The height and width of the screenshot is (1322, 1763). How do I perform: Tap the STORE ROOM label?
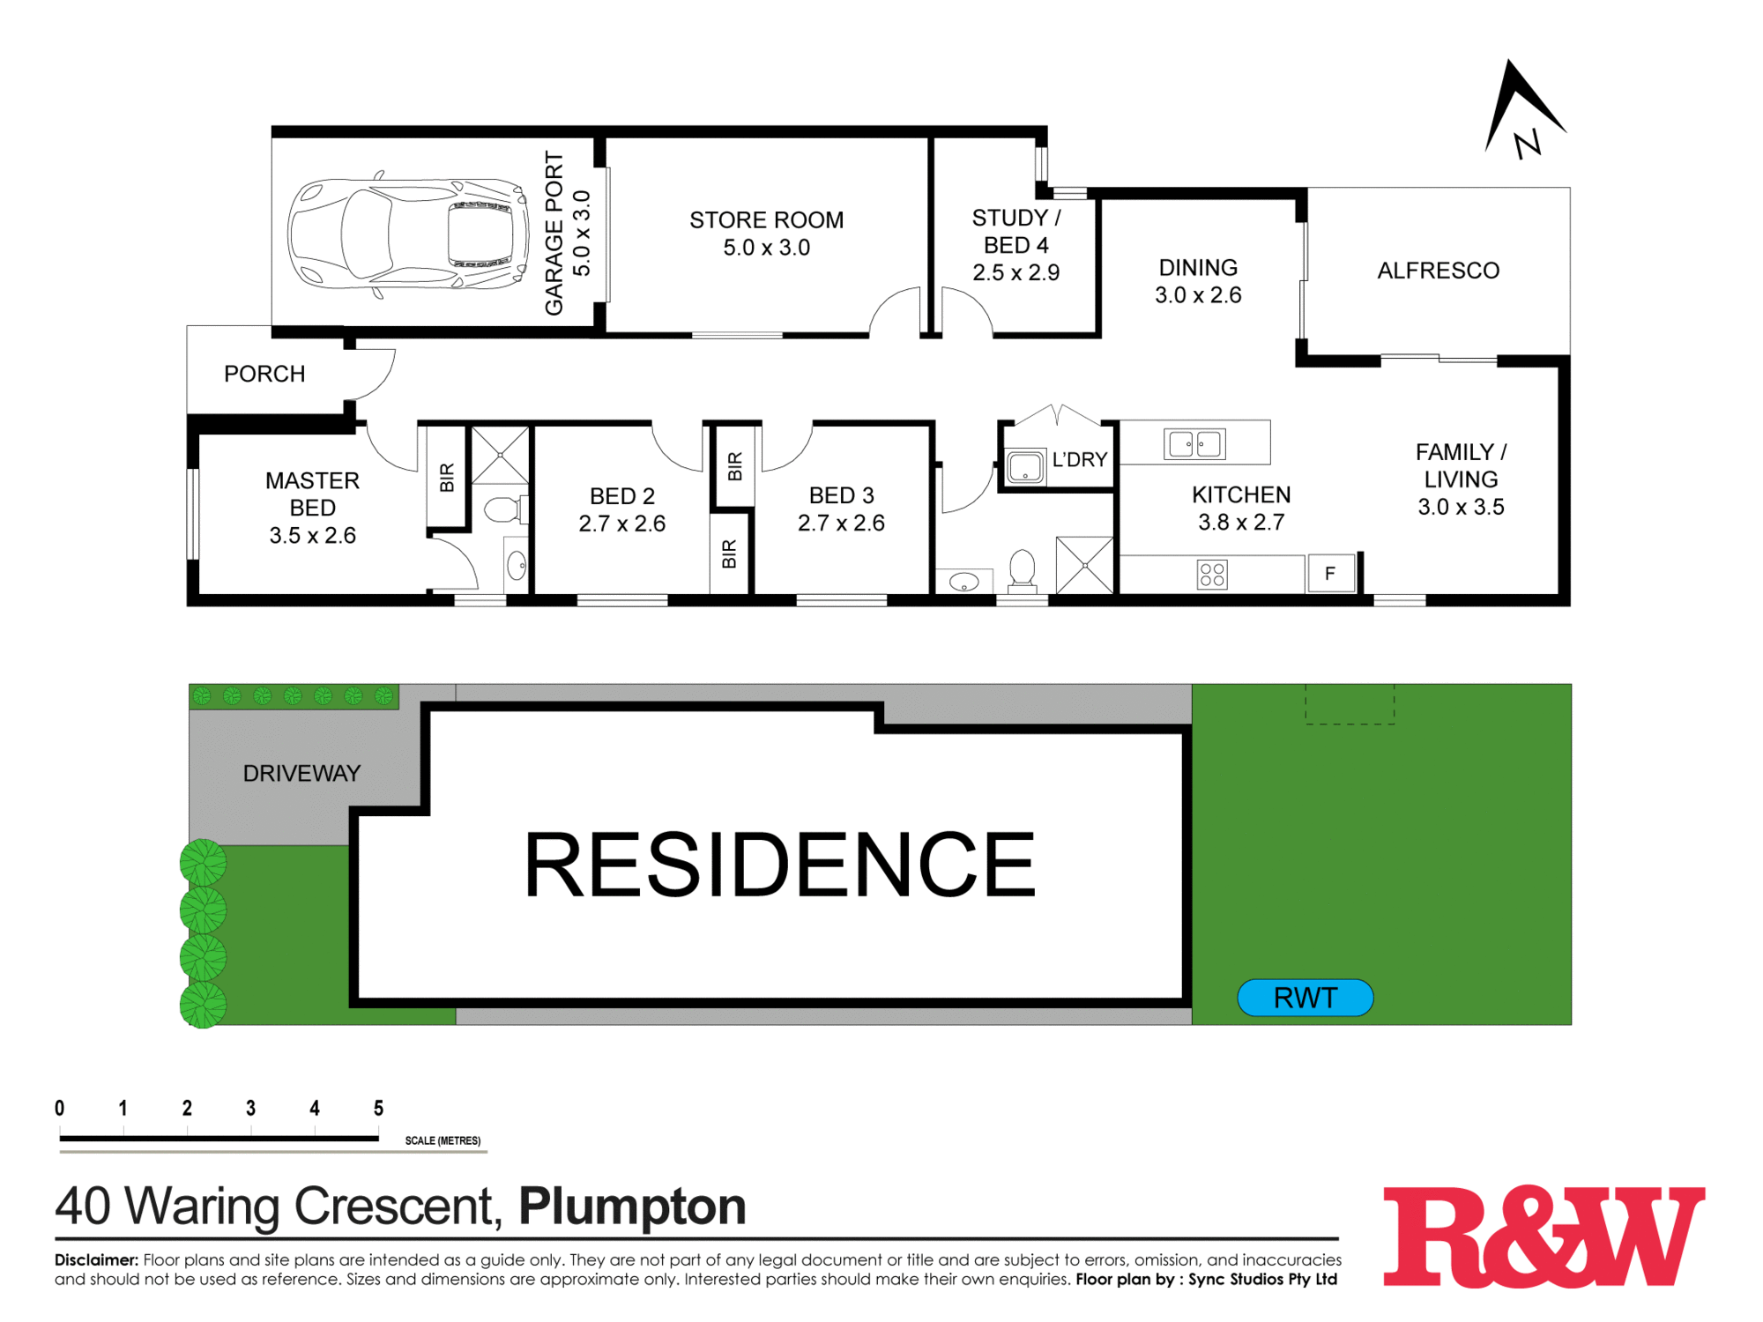[x=766, y=220]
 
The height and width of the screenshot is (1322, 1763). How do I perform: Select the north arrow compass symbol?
[x=1522, y=110]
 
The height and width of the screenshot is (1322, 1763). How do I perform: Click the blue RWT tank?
[x=1306, y=998]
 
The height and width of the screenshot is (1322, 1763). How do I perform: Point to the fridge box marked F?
[x=1330, y=574]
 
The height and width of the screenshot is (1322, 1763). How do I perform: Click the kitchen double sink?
[x=1195, y=443]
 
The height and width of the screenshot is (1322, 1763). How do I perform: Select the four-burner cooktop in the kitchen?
[x=1212, y=575]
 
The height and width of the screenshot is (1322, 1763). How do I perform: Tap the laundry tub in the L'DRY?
[x=1025, y=467]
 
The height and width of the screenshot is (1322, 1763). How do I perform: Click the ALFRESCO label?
[x=1438, y=271]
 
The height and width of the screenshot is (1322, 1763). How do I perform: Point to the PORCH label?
[x=264, y=374]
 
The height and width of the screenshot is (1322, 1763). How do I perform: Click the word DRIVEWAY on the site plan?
[x=301, y=773]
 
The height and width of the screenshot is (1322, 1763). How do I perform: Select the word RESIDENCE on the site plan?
[x=779, y=865]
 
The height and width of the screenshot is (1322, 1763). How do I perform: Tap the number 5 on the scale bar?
[x=378, y=1108]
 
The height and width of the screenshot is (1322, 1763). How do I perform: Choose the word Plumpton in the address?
[x=632, y=1206]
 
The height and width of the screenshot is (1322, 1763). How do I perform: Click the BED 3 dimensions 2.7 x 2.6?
[x=841, y=524]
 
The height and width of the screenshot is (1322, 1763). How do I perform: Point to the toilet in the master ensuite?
[x=503, y=509]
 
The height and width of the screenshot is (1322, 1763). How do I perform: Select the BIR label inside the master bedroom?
[x=447, y=477]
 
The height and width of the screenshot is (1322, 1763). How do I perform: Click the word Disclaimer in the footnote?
[x=96, y=1259]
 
